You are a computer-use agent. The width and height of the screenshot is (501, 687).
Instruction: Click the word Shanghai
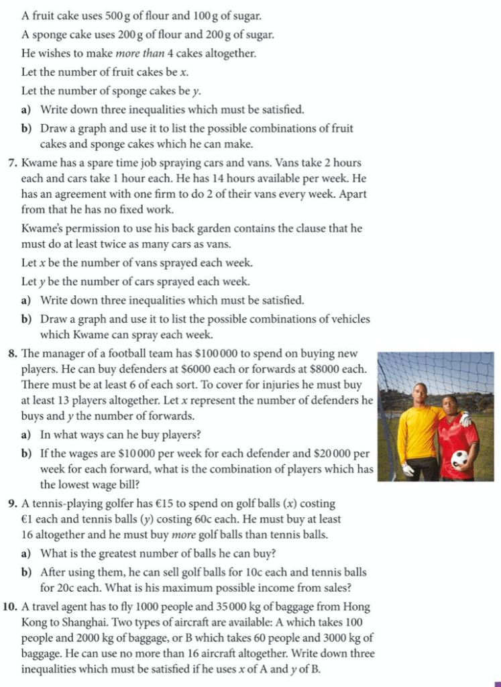(x=78, y=623)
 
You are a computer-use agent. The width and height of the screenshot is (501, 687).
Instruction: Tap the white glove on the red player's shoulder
(x=465, y=419)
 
